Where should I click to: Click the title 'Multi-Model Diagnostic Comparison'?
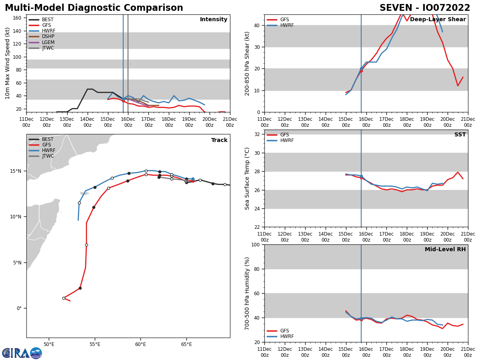[x=94, y=8]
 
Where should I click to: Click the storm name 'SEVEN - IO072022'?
[x=425, y=8]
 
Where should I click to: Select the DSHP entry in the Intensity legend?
[x=48, y=37]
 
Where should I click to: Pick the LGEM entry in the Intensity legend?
[x=48, y=42]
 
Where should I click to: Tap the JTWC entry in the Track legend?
[x=48, y=156]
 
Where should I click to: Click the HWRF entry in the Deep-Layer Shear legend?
[x=286, y=26]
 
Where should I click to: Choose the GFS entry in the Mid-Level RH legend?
[x=284, y=331]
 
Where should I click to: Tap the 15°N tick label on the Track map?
[x=16, y=171]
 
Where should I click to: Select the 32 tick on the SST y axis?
[x=257, y=134]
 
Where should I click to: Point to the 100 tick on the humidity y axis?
[x=255, y=245]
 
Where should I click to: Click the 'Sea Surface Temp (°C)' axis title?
[x=247, y=178]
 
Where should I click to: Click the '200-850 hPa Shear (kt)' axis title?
[x=247, y=63]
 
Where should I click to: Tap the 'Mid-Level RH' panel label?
[x=445, y=250]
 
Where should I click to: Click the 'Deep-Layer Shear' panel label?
[x=438, y=20]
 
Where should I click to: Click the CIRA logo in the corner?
[x=22, y=353]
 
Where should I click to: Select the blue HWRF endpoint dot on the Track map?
[x=193, y=179]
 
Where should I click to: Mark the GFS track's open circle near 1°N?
[x=64, y=298]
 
